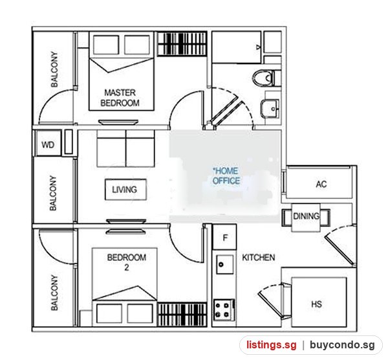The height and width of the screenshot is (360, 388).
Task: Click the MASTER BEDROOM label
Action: coord(120,98)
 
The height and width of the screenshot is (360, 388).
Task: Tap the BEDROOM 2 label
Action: coord(127,262)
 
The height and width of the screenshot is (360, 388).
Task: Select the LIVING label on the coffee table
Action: coord(124,190)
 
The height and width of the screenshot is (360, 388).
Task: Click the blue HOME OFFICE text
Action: coord(226,175)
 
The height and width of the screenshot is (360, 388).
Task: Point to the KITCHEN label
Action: coord(258,258)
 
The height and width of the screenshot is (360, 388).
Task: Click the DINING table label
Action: coord(306,216)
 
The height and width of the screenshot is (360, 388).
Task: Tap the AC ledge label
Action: coord(321,184)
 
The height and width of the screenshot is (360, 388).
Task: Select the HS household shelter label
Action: coord(316,304)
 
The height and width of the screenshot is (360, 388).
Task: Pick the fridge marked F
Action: coord(224,237)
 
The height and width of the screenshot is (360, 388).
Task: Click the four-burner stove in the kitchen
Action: coord(224,310)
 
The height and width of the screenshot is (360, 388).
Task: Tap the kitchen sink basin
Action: coord(224,264)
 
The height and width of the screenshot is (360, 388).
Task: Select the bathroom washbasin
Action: coord(270,108)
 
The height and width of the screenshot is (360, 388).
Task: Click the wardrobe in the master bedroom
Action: coord(182,44)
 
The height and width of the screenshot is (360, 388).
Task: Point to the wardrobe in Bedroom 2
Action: coord(182,314)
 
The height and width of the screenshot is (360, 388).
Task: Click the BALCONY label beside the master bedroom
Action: coord(54,69)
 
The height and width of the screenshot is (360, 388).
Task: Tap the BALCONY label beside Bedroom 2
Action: coord(54,293)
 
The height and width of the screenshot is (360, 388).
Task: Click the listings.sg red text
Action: coord(271,345)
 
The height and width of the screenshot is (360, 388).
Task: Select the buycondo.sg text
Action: coord(342,345)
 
